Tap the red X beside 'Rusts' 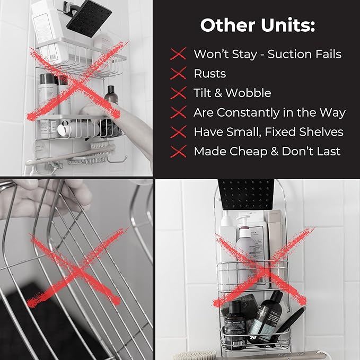[x=179, y=74]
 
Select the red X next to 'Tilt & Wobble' [x=179, y=93]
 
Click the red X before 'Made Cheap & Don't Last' [x=179, y=152]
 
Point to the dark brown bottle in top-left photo [x=111, y=95]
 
